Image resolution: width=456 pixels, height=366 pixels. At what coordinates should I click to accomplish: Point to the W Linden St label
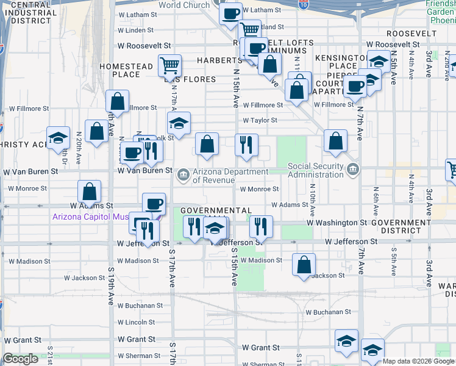click(x=135, y=30)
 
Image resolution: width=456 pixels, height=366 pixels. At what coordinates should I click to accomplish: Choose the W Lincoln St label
click(x=137, y=322)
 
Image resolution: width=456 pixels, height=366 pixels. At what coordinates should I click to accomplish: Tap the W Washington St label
click(x=337, y=223)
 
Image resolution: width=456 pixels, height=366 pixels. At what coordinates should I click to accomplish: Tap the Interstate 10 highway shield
click(x=303, y=5)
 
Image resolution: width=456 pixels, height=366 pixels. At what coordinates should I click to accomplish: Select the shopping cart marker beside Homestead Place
click(x=169, y=65)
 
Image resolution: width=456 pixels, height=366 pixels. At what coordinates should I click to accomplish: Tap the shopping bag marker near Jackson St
click(x=304, y=265)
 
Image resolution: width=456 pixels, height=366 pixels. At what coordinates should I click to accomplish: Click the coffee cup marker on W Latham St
click(x=230, y=13)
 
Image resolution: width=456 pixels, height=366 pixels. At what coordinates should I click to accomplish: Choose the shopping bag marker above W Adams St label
click(x=90, y=192)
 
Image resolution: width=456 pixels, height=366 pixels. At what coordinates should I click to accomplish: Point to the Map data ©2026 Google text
click(x=418, y=361)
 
